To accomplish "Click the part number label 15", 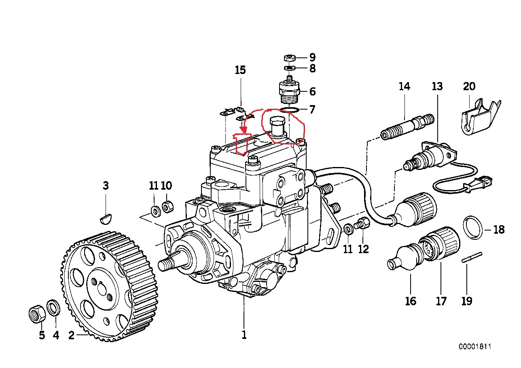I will (x=240, y=70).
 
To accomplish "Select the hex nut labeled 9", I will (x=289, y=57).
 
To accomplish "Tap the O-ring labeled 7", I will (x=290, y=110).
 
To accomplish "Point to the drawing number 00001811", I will (x=475, y=347).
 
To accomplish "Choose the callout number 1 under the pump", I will (x=244, y=335).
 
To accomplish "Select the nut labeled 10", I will (x=167, y=207).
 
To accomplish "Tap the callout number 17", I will (x=441, y=301).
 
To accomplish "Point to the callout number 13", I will (x=437, y=86).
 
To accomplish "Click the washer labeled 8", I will (x=289, y=68).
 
